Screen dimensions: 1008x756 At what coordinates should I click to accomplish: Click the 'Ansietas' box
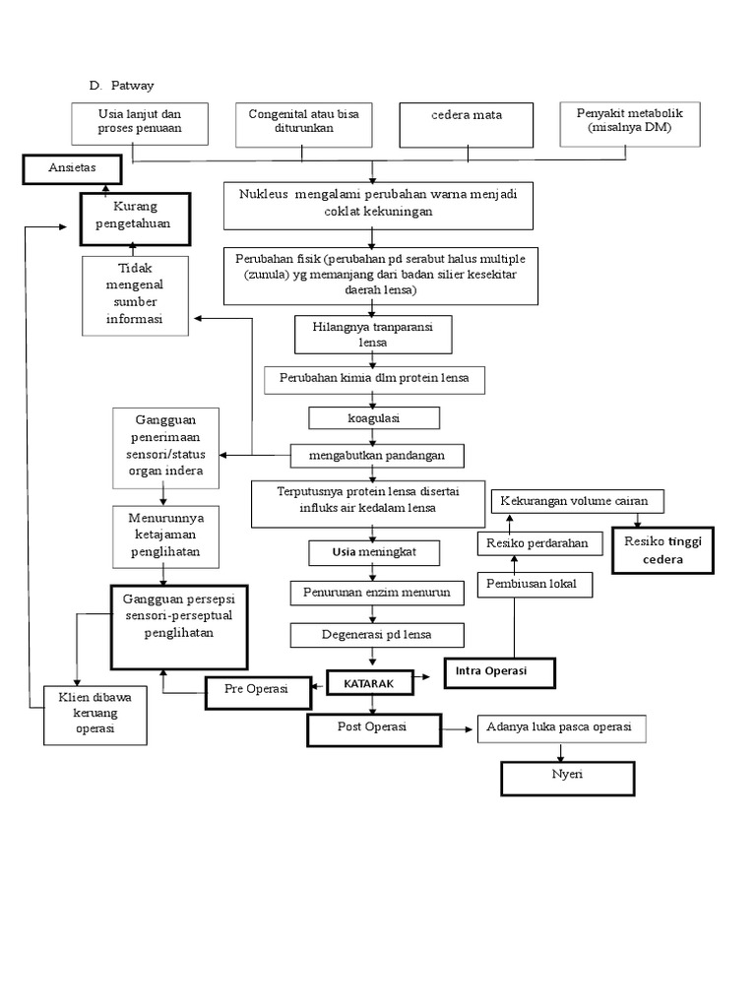click(72, 168)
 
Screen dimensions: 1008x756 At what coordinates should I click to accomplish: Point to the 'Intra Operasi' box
click(499, 672)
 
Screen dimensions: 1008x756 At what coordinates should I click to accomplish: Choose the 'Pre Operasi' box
click(256, 691)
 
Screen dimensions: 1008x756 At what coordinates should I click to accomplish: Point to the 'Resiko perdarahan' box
click(538, 542)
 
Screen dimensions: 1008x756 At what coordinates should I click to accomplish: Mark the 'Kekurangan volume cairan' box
click(576, 501)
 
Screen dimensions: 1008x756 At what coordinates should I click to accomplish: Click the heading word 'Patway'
click(132, 86)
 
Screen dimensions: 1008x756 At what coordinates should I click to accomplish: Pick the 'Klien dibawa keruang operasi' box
click(95, 714)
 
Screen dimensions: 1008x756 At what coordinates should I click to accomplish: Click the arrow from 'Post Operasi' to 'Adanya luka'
click(456, 729)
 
